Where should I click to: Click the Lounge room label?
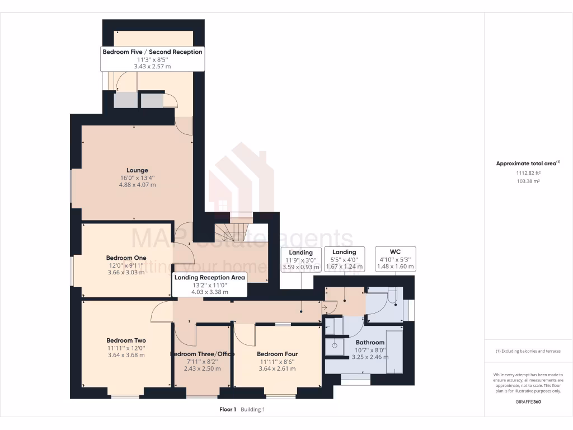click(137, 170)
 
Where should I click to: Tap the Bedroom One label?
click(126, 258)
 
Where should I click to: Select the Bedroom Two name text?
click(126, 340)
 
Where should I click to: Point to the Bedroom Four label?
click(277, 354)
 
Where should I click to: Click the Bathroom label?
click(370, 342)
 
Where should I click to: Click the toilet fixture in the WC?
click(392, 296)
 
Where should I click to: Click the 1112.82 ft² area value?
click(528, 174)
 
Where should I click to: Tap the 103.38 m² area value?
click(528, 181)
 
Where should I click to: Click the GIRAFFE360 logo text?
click(528, 402)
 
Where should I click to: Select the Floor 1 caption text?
click(228, 410)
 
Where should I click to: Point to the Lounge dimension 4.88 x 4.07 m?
click(137, 185)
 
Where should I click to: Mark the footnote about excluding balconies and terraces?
click(528, 351)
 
